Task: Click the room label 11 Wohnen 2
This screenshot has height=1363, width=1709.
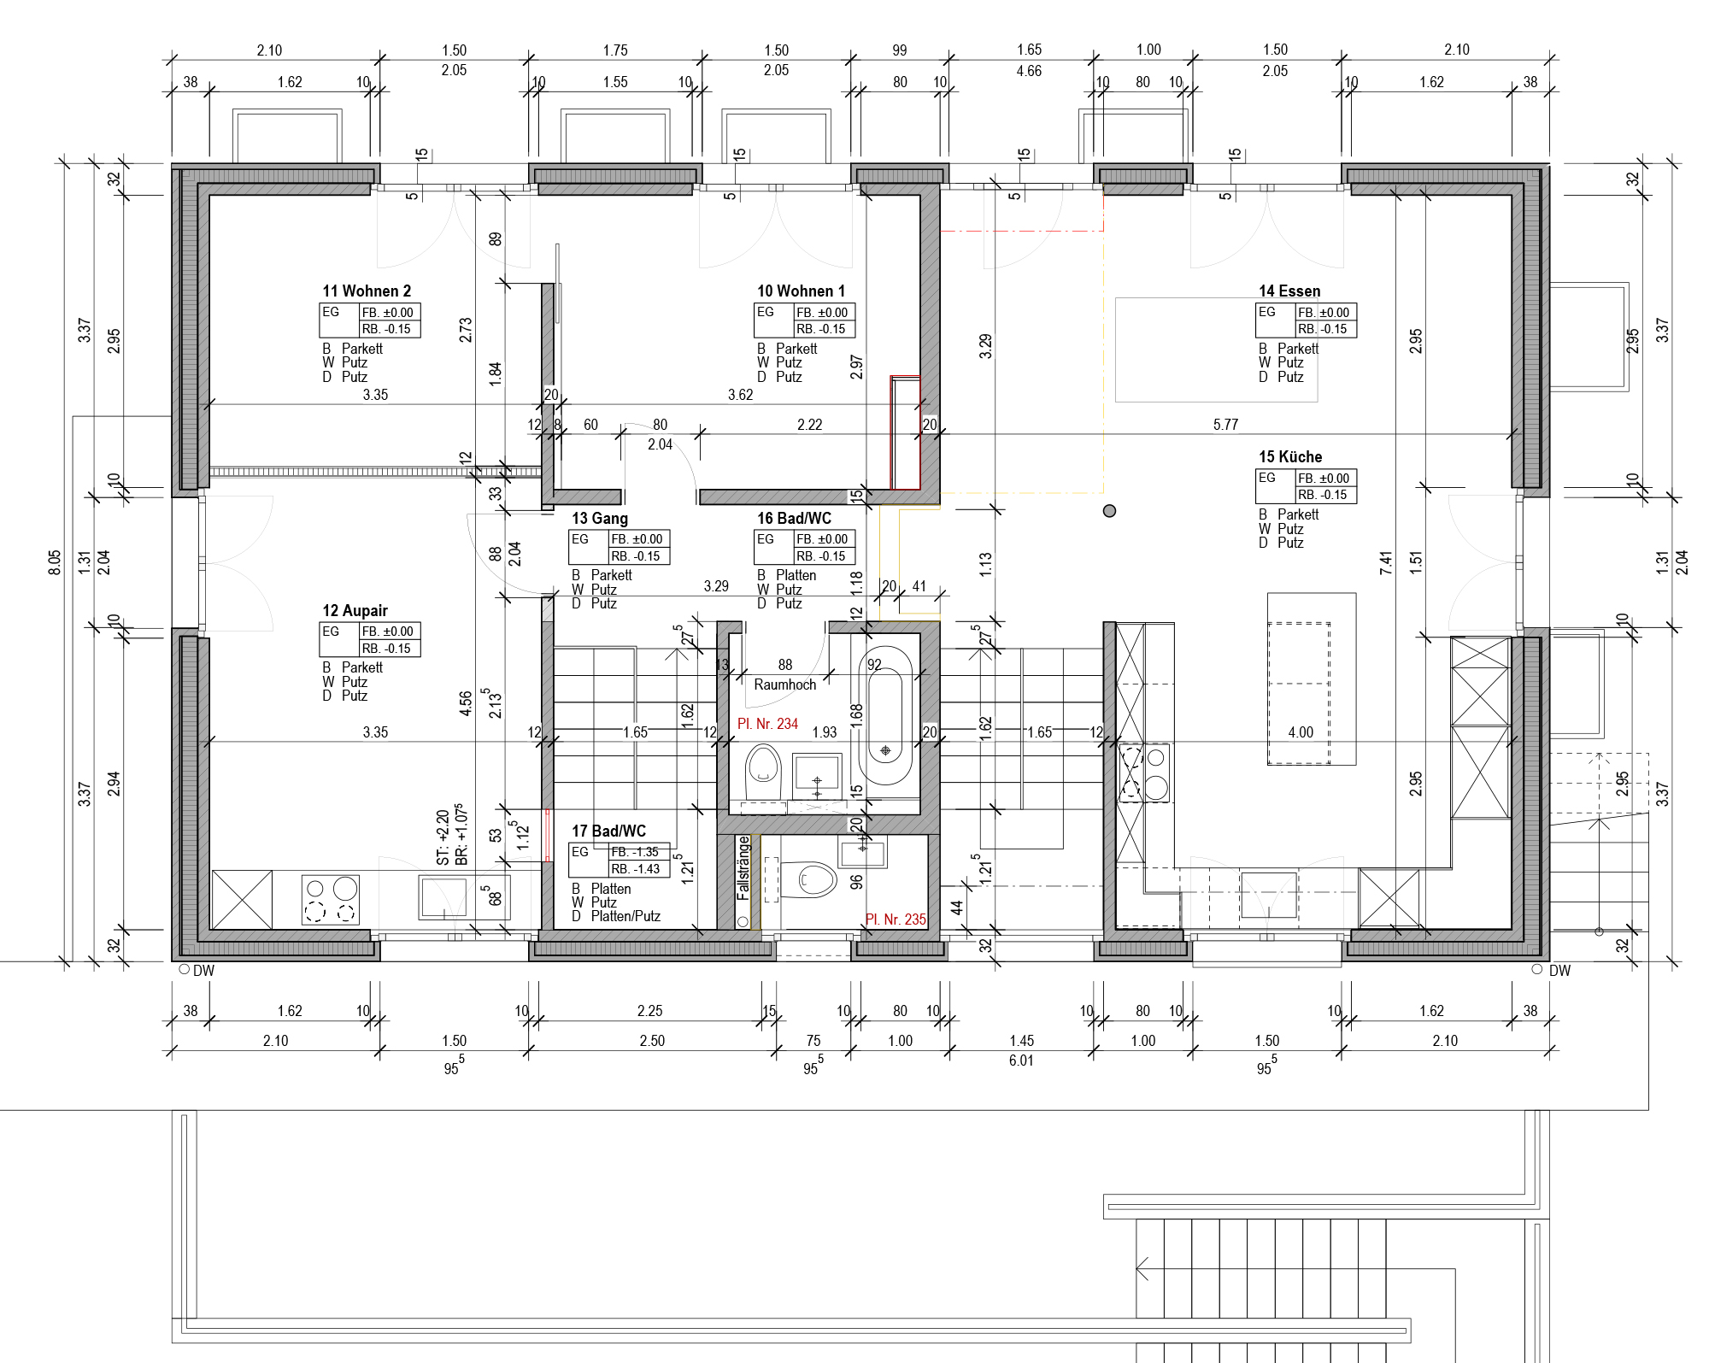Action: (367, 291)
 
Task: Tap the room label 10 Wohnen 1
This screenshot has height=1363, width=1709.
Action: (801, 291)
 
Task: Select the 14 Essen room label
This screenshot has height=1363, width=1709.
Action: (1289, 291)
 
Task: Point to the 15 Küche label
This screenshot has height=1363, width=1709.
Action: (1290, 457)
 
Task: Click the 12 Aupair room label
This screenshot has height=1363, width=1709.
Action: (355, 611)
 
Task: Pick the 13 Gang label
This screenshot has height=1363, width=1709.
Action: (600, 519)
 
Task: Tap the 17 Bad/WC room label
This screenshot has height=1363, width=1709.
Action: (608, 831)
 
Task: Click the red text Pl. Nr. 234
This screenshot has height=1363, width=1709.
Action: (767, 724)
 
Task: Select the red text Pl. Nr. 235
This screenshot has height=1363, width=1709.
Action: (896, 919)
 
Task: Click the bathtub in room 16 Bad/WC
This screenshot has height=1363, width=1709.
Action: (885, 715)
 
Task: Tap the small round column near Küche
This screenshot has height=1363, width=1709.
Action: (1109, 511)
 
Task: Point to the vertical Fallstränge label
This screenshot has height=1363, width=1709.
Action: (743, 867)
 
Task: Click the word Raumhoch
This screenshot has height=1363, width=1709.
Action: (784, 684)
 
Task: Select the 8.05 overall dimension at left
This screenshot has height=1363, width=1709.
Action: (55, 562)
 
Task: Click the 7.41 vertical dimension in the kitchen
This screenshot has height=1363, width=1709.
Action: (1386, 562)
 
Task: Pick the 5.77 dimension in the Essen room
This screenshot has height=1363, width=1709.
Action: (1225, 425)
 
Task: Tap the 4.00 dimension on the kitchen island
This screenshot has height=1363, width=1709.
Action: (1301, 732)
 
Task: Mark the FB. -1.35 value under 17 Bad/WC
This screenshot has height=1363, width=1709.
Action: (635, 852)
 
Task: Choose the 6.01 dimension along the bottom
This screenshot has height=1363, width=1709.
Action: (1021, 1060)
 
